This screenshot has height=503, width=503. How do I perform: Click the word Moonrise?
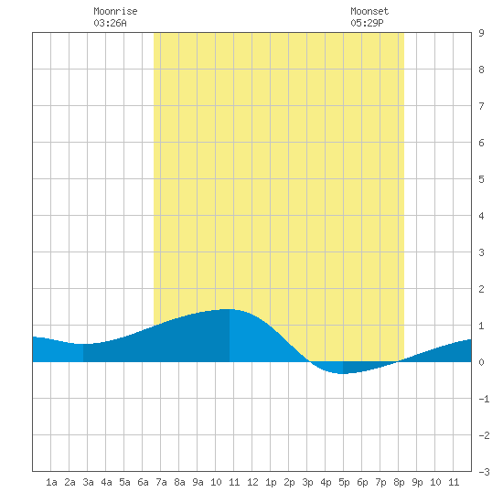point(115,11)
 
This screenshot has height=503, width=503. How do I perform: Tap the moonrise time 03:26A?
point(110,23)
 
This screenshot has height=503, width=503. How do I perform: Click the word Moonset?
point(369,11)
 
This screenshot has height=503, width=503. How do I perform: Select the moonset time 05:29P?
point(367,23)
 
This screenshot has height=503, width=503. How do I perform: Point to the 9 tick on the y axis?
point(481,33)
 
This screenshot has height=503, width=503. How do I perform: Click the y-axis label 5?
point(481,179)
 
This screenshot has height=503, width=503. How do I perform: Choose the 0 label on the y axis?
point(481,362)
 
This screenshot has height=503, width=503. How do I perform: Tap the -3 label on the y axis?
point(484,472)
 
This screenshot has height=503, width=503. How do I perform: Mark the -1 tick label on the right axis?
point(484,399)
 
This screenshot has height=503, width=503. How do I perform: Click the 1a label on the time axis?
point(51,482)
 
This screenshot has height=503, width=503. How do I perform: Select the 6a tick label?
point(143,482)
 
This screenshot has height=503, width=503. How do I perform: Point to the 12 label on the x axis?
point(252,482)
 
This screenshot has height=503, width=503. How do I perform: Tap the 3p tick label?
point(307,482)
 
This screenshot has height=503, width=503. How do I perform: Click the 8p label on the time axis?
point(399,482)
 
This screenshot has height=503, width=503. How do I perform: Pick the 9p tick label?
point(417,482)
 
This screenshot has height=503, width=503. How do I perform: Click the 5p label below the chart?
point(344,482)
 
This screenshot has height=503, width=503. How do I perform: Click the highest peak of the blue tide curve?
point(229,309)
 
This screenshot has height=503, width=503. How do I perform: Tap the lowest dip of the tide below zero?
point(343,373)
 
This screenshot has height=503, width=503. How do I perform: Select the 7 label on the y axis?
point(481,106)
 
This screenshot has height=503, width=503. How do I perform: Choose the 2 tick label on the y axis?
point(481,289)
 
